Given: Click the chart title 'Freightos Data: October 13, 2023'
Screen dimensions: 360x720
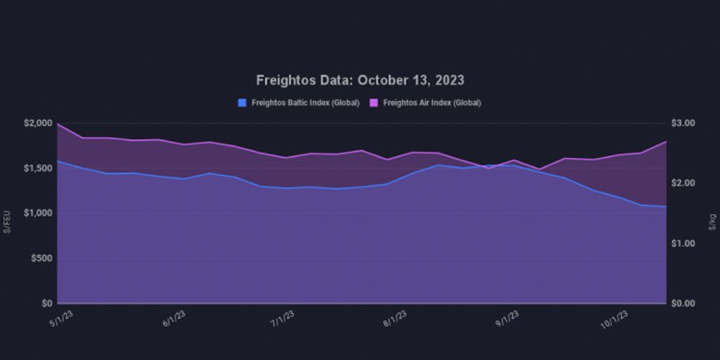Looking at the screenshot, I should pos(360,80).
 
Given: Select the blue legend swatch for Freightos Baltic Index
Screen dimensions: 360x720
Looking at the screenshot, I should pos(242,103).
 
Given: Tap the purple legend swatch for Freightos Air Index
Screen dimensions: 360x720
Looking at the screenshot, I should pos(374,103).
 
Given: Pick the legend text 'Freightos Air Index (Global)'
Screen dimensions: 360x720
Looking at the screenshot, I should pos(432,103).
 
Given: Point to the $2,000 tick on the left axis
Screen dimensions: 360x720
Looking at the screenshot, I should pos(37,124).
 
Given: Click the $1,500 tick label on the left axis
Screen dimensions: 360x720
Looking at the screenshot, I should pos(37,168).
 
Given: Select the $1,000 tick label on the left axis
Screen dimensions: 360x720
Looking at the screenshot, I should pos(37,213).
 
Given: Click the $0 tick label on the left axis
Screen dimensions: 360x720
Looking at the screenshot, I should pos(46,303).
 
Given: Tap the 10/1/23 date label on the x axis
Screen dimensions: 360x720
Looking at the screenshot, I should pos(615,319).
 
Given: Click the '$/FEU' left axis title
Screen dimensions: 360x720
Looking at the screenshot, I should pos(7,221).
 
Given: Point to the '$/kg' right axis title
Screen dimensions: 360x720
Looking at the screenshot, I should pos(713,221).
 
